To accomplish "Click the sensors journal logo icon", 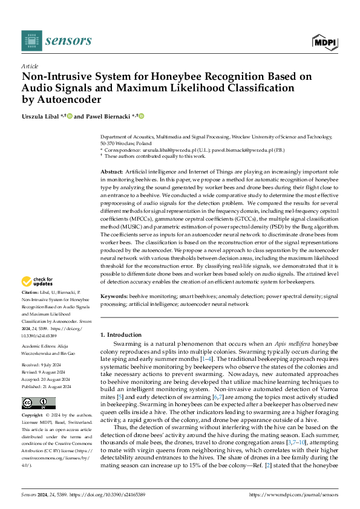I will [31, 41].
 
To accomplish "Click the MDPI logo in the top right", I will [324, 41].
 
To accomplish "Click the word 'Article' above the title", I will [30, 66].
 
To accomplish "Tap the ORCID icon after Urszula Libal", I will [70, 115].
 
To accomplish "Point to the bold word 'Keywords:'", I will [114, 296].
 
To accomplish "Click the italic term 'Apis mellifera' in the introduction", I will [278, 343].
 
